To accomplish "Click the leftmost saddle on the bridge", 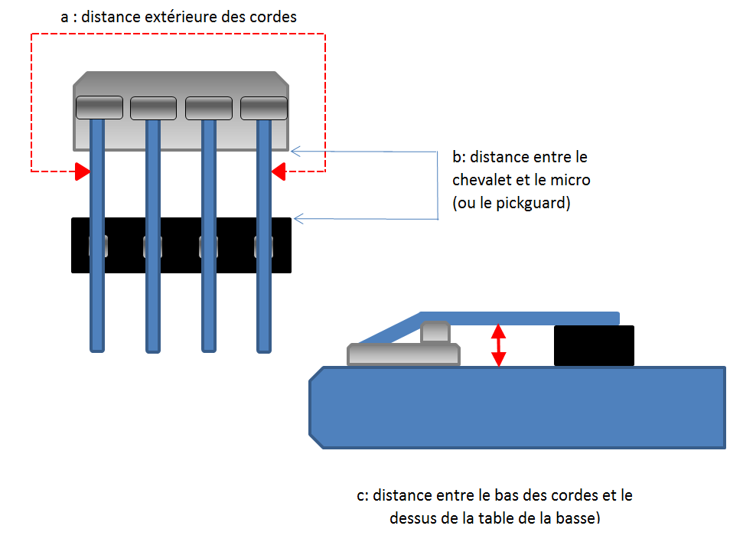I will click(x=98, y=108).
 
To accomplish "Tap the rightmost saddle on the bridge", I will click(x=264, y=108).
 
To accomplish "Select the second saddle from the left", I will click(x=153, y=108).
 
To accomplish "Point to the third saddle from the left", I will click(x=209, y=108).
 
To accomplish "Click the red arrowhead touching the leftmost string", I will click(x=81, y=171).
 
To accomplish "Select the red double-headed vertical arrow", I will click(x=498, y=344).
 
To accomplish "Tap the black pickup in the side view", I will click(x=594, y=345).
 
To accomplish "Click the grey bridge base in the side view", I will click(x=403, y=354).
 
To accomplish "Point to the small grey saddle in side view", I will click(x=435, y=332).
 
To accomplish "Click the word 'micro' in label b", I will click(x=572, y=181).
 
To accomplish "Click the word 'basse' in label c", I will click(x=577, y=518).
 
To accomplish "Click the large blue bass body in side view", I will click(x=517, y=407).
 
